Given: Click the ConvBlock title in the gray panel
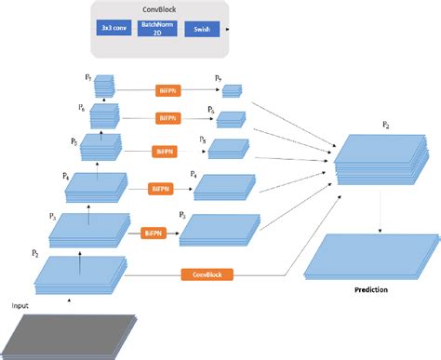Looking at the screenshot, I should pos(161,9).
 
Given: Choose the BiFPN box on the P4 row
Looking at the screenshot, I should pos(162,188).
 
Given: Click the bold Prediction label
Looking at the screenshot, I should pos(371,290).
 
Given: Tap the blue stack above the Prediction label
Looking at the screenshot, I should pos(370,256).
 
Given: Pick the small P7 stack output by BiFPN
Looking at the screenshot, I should pos(232,91).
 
